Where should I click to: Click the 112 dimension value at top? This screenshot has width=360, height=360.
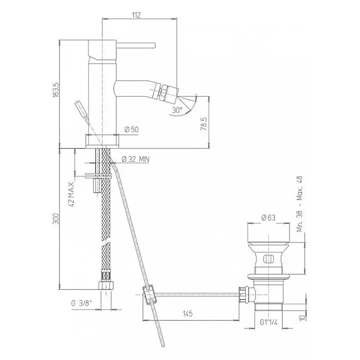136,15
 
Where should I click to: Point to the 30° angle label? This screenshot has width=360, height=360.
177,110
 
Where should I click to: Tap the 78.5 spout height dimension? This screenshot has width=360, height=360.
204,124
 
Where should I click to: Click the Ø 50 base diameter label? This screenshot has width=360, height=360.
131,129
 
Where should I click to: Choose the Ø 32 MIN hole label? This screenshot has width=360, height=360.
136,159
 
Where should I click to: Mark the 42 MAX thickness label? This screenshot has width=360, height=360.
71,194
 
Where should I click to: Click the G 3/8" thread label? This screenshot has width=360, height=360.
81,304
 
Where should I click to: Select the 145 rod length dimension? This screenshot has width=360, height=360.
188,313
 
